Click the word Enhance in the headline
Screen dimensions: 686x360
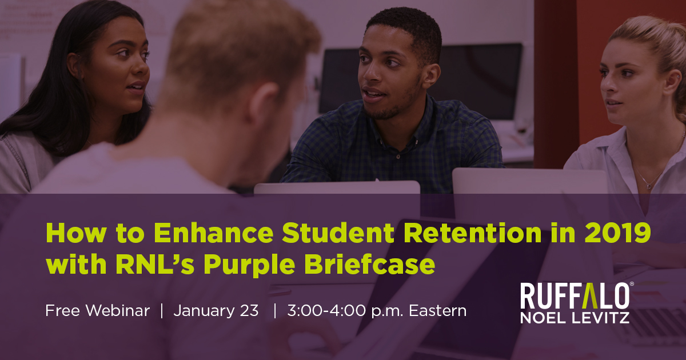point(213,233)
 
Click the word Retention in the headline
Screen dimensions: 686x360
point(473,233)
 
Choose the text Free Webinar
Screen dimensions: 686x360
point(97,311)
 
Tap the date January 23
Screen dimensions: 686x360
point(216,311)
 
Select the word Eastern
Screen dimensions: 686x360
point(438,311)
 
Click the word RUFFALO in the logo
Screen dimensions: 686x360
point(575,296)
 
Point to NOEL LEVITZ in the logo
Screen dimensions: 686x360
point(575,318)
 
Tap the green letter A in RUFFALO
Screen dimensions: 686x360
point(590,296)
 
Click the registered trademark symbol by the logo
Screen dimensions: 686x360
point(632,284)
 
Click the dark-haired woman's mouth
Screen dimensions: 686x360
point(135,87)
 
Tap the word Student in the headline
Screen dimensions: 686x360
point(338,233)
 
